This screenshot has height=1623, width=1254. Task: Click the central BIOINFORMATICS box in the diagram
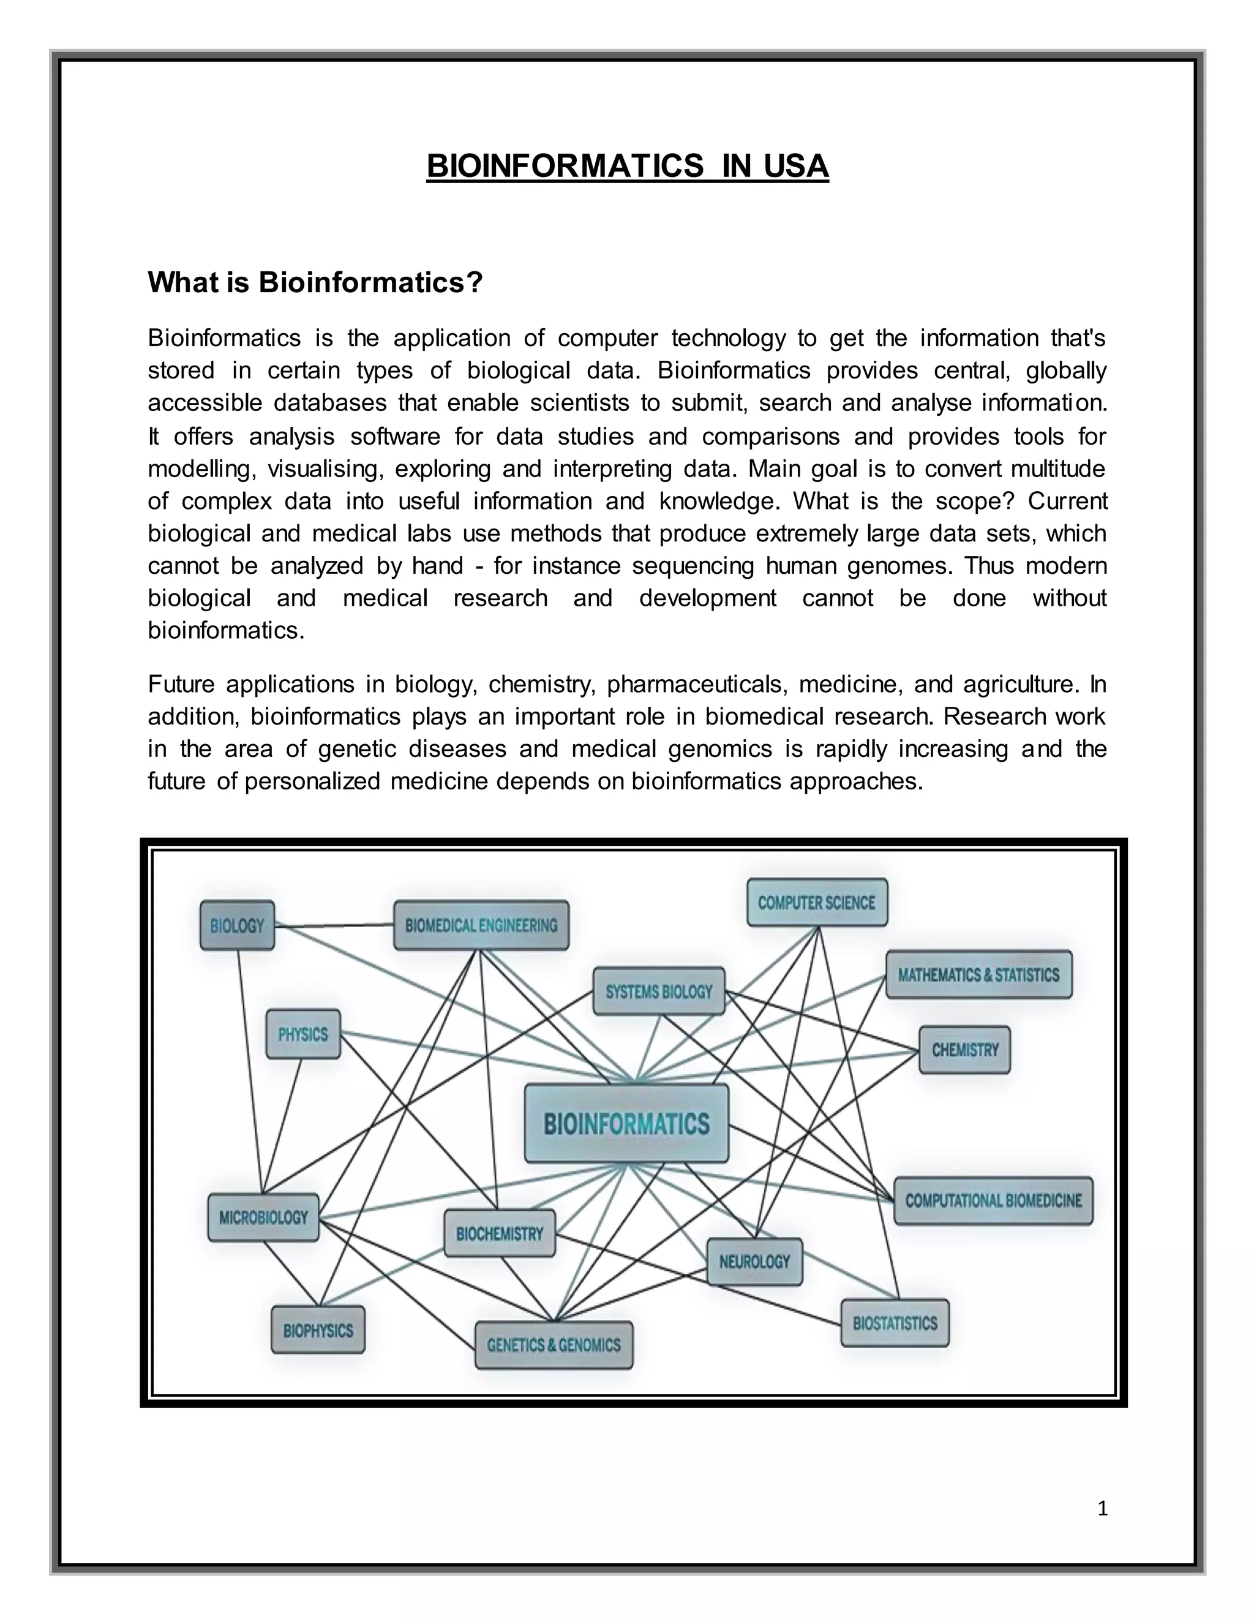click(626, 1123)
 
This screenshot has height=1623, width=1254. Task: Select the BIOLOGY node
click(237, 925)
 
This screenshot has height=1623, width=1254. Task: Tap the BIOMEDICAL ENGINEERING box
click(481, 925)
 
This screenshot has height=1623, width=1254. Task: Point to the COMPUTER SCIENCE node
click(816, 902)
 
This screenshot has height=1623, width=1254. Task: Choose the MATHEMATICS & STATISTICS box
click(978, 974)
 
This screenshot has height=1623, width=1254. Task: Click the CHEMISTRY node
click(964, 1050)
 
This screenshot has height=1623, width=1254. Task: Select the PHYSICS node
click(303, 1034)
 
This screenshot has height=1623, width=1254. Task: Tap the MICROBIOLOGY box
click(263, 1218)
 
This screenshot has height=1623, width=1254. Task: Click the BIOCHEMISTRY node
click(499, 1233)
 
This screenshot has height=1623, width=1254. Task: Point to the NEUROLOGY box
click(754, 1261)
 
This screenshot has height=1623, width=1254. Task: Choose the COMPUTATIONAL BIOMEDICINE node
click(993, 1200)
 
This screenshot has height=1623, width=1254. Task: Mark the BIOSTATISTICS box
click(895, 1323)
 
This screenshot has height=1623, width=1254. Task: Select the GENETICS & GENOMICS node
click(554, 1345)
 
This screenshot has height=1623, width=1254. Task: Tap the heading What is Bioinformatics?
click(315, 282)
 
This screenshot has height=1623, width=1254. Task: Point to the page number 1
click(1102, 1508)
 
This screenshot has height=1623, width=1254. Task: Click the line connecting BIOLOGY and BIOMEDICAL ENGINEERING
click(334, 925)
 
